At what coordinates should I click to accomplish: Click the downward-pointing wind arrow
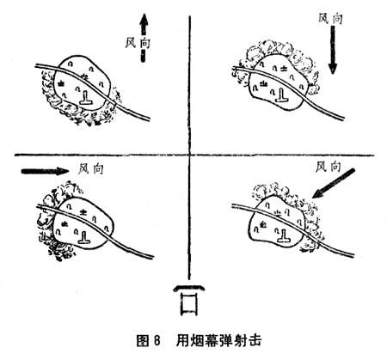(333, 49)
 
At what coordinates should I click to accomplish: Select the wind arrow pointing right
(45, 171)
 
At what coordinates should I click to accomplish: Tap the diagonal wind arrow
(334, 183)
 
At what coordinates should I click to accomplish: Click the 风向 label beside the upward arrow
(138, 43)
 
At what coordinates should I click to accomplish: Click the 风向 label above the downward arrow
(330, 19)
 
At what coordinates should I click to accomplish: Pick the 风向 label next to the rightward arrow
(90, 169)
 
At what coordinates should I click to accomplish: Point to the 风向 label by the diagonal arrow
(329, 167)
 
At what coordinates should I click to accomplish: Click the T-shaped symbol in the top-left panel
(86, 98)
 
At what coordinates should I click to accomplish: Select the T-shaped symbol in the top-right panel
(282, 95)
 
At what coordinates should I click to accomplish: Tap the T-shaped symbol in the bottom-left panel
(84, 237)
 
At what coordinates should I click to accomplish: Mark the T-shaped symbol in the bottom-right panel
(284, 236)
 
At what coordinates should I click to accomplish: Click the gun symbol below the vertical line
(189, 300)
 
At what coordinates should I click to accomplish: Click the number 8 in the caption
(157, 341)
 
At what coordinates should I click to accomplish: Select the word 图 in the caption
(142, 341)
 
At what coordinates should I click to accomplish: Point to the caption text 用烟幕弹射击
(218, 341)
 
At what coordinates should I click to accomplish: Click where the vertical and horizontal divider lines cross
(189, 155)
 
